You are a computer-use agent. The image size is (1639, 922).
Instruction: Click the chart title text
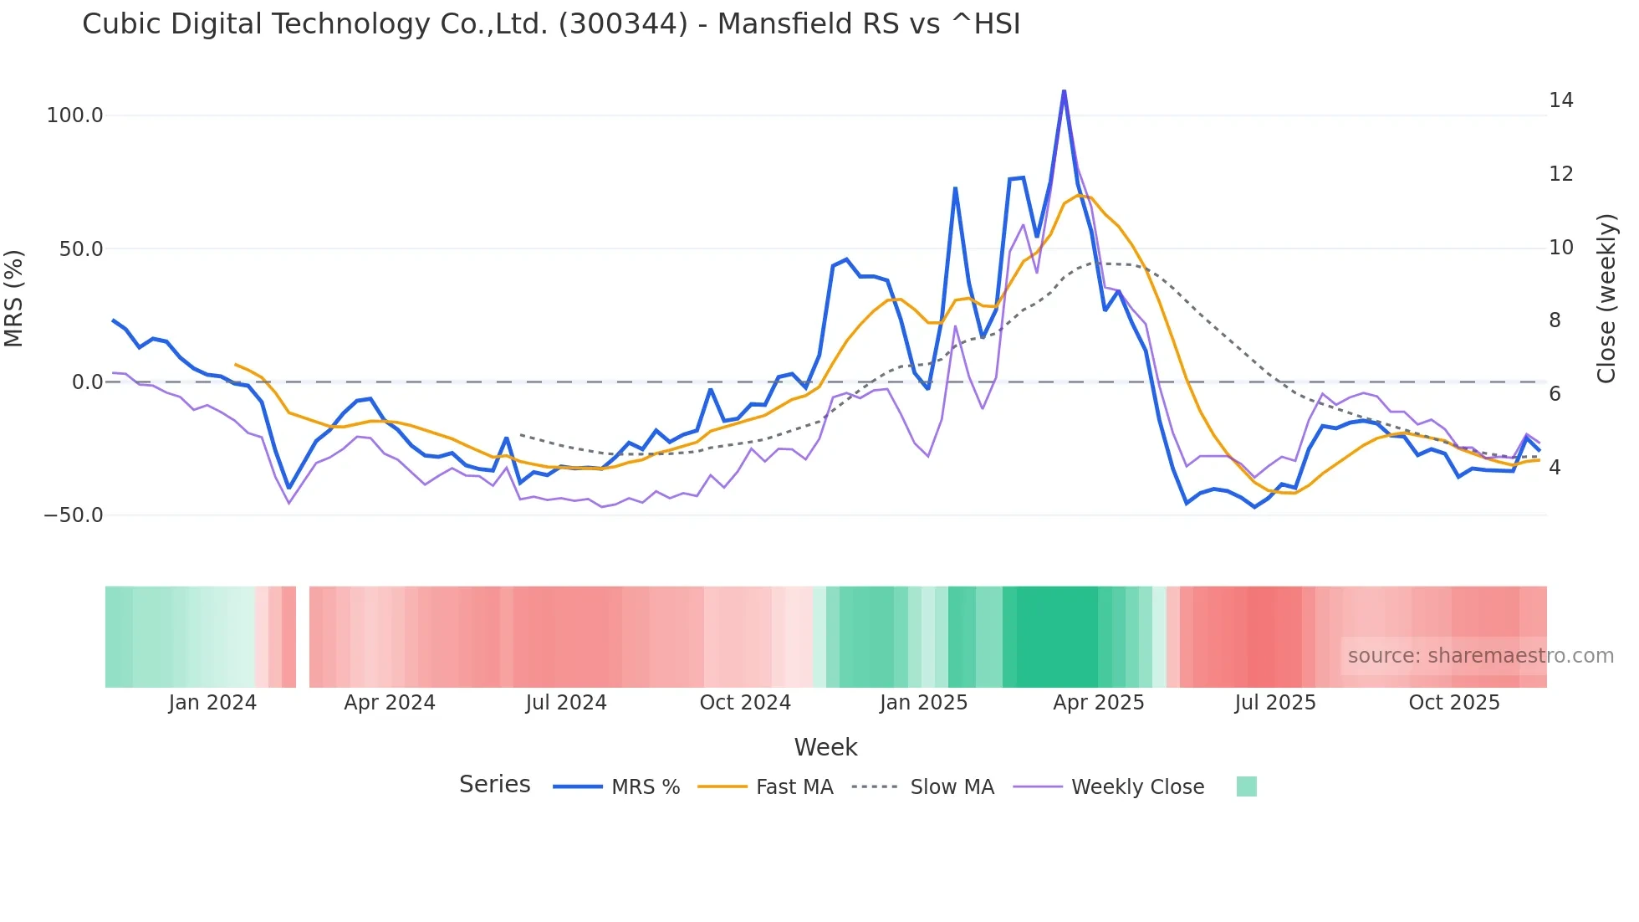coord(551,24)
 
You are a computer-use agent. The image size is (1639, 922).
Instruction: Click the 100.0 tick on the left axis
coord(74,115)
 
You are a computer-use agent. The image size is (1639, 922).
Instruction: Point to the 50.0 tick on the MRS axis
coord(80,249)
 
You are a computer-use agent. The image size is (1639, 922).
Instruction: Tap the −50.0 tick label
coord(74,515)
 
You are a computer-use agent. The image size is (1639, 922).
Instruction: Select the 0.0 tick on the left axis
coord(87,382)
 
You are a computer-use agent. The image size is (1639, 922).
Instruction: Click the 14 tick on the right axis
coord(1560,100)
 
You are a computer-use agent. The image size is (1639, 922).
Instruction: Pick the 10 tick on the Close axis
coord(1560,248)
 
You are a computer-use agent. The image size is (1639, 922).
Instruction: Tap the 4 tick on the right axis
coord(1555,468)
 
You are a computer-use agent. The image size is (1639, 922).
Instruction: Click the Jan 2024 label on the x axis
coord(212,703)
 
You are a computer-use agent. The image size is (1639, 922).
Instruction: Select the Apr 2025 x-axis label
coord(1098,703)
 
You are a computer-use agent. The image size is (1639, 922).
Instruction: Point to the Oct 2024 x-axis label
coord(745,703)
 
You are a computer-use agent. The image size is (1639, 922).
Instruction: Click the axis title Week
coord(825,747)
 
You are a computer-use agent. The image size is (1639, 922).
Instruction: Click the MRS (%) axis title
coord(14,298)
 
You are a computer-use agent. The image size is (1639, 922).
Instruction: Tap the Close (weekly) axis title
coord(1606,299)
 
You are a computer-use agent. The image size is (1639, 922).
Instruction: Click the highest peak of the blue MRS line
coord(1064,90)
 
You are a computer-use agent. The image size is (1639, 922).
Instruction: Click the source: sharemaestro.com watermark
coord(1480,656)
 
